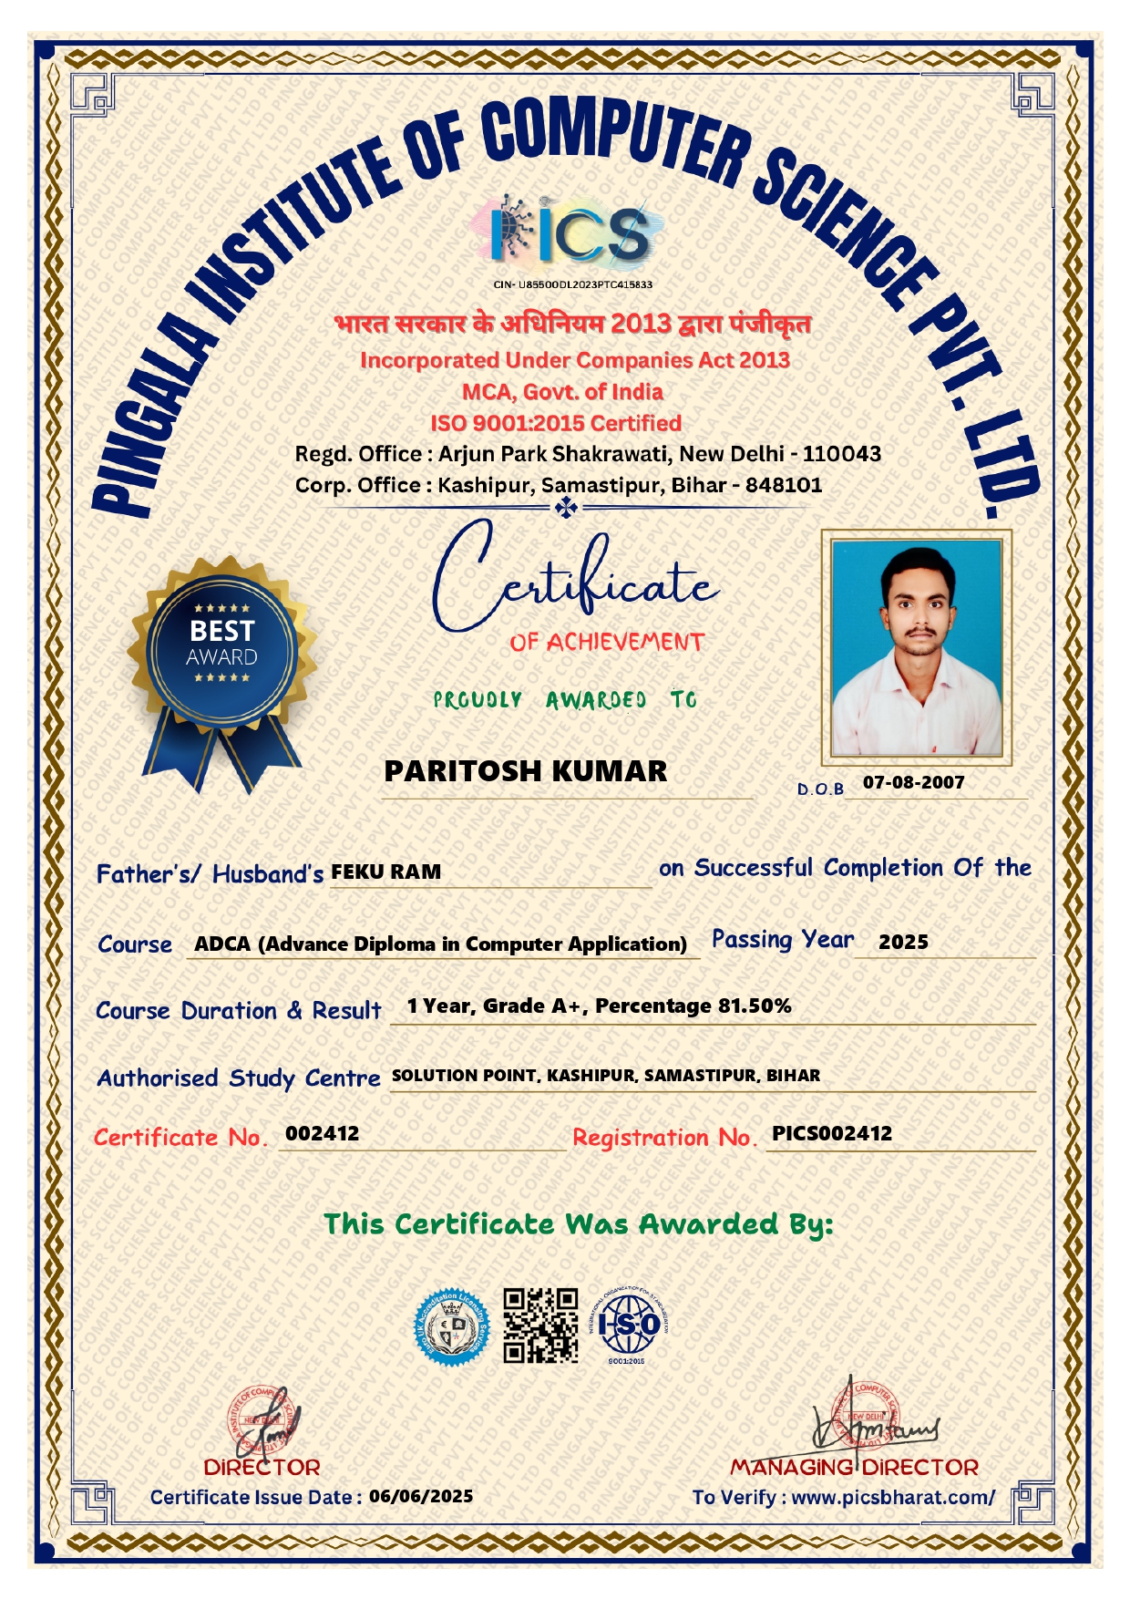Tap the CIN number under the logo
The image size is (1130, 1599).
click(x=572, y=284)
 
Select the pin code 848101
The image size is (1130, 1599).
click(x=784, y=485)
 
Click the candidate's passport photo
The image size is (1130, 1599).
click(x=916, y=647)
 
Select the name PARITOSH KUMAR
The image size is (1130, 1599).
click(x=525, y=771)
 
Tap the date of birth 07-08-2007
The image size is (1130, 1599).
click(x=913, y=782)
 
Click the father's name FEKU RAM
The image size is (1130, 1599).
click(x=385, y=872)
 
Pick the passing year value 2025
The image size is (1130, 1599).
click(x=903, y=943)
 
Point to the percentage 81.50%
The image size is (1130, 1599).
click(x=755, y=1006)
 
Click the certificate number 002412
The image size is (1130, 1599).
click(x=323, y=1134)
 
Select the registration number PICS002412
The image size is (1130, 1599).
click(x=832, y=1134)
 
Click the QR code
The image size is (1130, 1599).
click(x=541, y=1326)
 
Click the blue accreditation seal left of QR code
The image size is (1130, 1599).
click(x=452, y=1327)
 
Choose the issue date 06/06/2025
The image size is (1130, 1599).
click(x=421, y=1497)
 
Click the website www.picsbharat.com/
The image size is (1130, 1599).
click(x=893, y=1498)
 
